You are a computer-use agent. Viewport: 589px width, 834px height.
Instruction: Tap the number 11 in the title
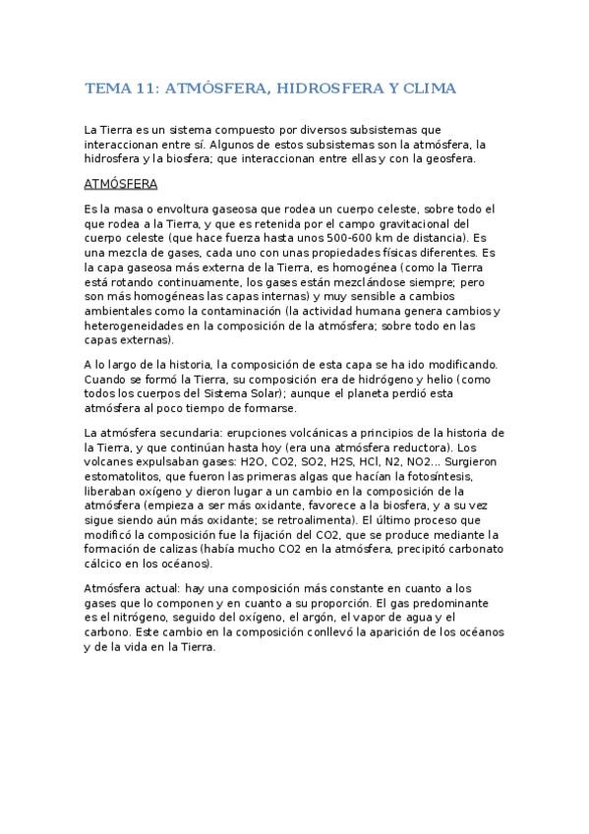146,89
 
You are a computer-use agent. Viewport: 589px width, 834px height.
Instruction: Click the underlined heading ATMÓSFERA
121,184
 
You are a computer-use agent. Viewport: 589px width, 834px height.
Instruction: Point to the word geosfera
450,157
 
